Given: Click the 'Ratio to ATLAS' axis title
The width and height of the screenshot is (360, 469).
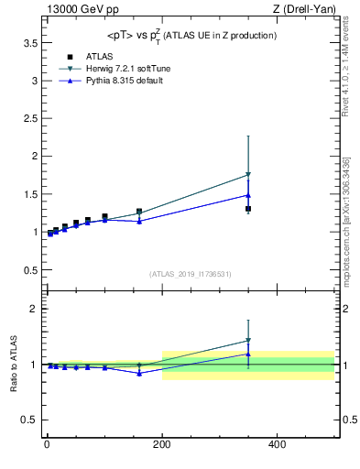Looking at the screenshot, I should click(x=14, y=364).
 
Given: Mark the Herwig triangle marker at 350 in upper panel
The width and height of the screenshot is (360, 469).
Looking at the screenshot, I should click(x=248, y=174).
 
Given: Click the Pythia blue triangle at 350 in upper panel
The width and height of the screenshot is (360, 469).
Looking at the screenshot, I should click(x=248, y=195).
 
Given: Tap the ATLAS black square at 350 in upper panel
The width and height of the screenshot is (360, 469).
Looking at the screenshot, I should click(x=248, y=209).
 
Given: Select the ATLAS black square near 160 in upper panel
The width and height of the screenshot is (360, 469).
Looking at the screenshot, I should click(x=139, y=212).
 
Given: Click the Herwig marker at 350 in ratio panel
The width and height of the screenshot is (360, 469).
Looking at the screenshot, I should click(x=248, y=341).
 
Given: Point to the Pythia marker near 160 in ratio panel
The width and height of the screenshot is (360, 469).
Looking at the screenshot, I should click(x=139, y=373).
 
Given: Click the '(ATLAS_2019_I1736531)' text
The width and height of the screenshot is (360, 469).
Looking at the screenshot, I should click(x=190, y=274).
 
